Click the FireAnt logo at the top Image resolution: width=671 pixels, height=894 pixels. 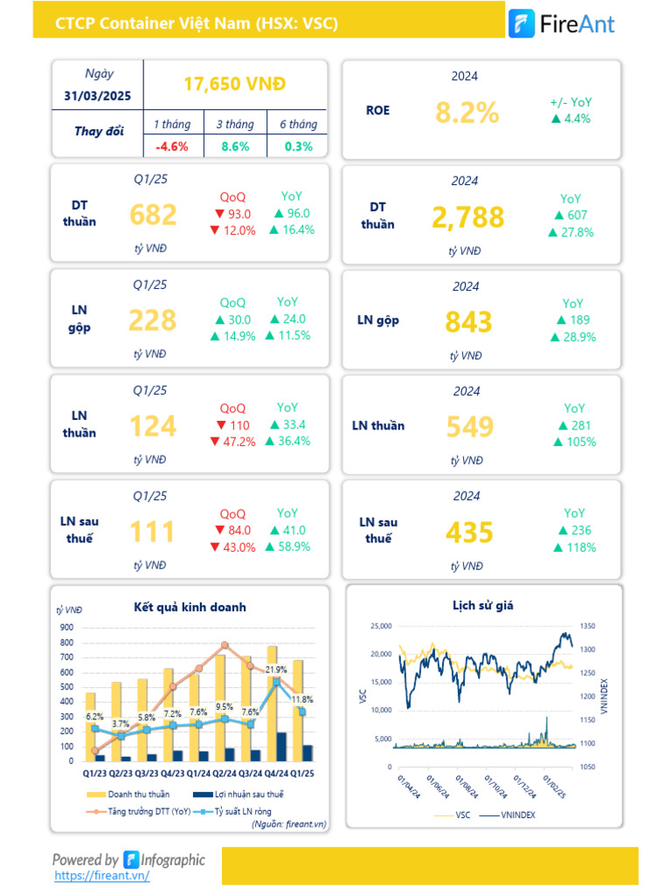(x=562, y=23)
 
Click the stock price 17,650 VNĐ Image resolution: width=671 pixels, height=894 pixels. (x=235, y=84)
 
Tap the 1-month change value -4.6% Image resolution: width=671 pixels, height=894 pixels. (x=172, y=147)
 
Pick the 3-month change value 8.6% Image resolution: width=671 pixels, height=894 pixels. (x=235, y=147)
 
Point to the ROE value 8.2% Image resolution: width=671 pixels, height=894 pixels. (x=467, y=112)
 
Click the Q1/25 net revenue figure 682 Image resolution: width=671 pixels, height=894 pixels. (x=153, y=215)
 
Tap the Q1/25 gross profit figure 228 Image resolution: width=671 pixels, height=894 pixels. (x=153, y=320)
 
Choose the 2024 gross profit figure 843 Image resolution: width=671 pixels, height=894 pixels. (x=469, y=322)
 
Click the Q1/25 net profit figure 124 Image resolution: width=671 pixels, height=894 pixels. (x=153, y=426)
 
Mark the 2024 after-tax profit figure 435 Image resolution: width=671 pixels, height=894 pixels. (x=469, y=532)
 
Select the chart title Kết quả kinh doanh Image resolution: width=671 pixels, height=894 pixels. (x=190, y=607)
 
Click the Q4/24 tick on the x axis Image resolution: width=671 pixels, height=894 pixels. (x=277, y=773)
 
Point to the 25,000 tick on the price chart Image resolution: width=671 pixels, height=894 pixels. (x=382, y=626)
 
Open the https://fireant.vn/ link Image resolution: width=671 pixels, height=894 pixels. (x=101, y=875)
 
